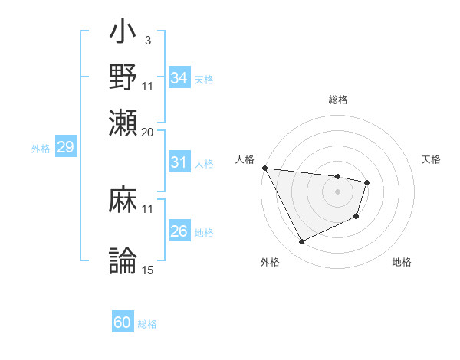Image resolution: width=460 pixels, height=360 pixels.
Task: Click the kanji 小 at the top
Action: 123,34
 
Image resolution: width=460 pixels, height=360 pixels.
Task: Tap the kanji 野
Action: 123,77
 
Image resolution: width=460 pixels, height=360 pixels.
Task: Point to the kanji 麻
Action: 123,201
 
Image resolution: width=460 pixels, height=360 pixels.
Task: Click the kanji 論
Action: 123,260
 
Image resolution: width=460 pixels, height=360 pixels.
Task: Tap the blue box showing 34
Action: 179,78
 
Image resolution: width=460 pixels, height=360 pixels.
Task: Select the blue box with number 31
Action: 179,163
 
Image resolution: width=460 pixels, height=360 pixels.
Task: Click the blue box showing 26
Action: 179,232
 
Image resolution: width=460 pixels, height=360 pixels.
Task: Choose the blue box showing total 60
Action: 123,323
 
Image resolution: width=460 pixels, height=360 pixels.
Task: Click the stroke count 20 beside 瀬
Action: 148,132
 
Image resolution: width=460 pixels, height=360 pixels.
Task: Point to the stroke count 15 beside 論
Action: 148,270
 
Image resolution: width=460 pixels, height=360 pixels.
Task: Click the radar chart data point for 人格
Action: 264,168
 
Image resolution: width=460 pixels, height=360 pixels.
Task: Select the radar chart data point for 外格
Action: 301,242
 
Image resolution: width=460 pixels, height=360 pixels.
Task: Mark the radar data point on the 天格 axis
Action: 368,182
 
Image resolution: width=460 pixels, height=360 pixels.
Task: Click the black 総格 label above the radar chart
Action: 338,100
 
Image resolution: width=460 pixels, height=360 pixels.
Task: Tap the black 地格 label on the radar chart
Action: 402,263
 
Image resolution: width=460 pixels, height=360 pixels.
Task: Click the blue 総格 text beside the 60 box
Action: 147,324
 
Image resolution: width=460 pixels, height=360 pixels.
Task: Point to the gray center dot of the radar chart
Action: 338,191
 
